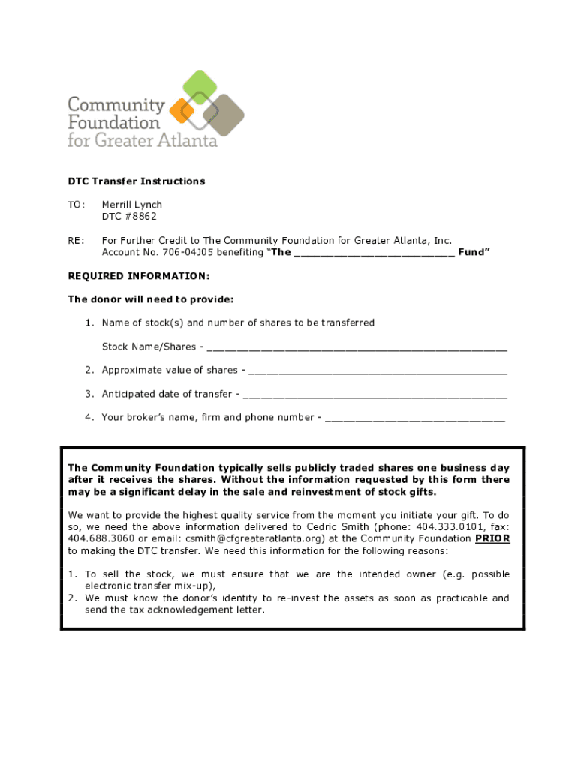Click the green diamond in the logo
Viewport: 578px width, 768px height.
coord(199,87)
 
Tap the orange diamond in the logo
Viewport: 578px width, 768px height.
coord(182,111)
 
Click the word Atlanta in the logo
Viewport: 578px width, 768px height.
coord(186,140)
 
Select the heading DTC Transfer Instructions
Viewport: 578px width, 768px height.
coord(136,181)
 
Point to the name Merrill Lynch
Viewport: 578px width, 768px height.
coord(132,205)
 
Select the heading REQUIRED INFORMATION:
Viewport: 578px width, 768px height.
coord(128,276)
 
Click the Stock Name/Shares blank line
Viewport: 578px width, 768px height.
coord(357,348)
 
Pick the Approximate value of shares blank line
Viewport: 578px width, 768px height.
coord(378,371)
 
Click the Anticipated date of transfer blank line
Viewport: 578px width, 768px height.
coord(375,395)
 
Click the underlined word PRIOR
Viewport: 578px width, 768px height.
coord(492,538)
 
